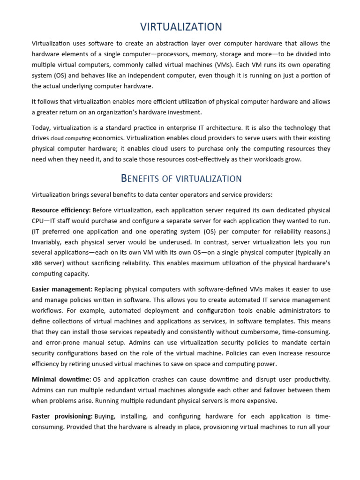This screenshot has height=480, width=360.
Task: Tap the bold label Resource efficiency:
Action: (x=61, y=210)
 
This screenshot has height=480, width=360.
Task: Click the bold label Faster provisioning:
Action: (x=62, y=416)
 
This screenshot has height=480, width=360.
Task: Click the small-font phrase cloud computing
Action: (x=70, y=139)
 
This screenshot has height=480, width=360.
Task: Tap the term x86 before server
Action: (x=37, y=263)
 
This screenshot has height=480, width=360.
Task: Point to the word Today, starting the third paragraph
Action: (x=41, y=127)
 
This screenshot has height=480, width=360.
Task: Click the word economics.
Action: (x=108, y=138)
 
